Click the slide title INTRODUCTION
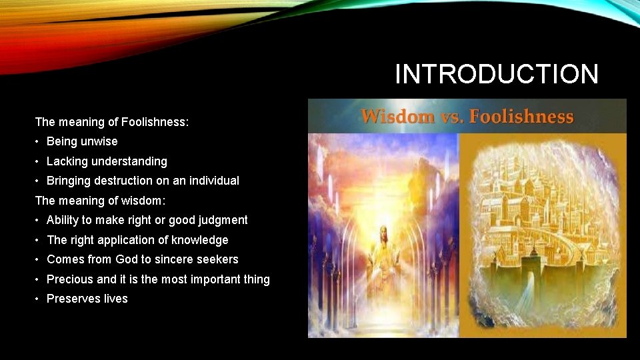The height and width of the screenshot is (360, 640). coord(497,74)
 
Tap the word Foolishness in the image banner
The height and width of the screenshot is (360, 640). coord(521,117)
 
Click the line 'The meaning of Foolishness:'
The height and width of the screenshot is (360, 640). coord(112,122)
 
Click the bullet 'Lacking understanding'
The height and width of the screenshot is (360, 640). coord(107,161)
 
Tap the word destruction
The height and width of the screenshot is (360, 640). coord(124,181)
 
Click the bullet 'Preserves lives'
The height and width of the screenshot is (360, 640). coord(87,299)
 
